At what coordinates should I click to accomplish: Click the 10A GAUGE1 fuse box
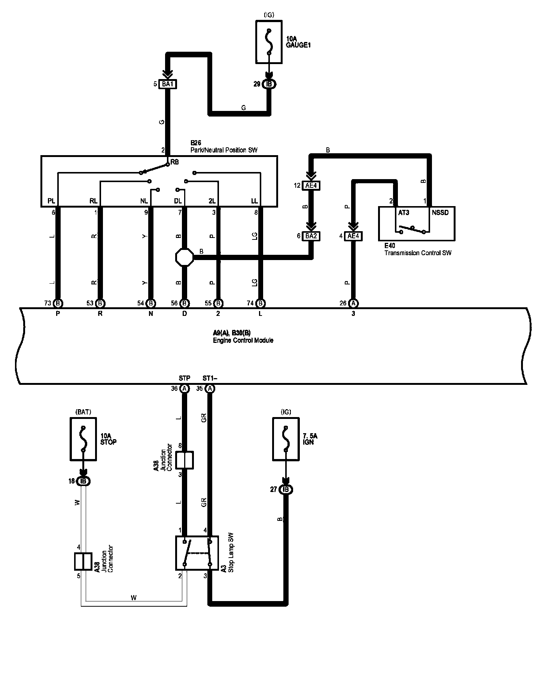pos(269,42)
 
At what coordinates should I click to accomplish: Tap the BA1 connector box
pos(167,84)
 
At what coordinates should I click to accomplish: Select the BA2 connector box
pos(311,236)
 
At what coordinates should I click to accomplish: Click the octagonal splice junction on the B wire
pos(185,257)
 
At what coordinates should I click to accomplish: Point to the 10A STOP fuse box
pos(83,439)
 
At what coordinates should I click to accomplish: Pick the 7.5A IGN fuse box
pos(286,439)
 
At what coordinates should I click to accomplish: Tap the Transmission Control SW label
pos(418,253)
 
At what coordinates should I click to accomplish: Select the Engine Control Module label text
pos(243,341)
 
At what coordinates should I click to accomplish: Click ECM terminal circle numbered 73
pos(58,303)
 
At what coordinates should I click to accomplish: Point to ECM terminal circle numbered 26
pos(353,303)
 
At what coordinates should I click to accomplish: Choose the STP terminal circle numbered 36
pos(185,389)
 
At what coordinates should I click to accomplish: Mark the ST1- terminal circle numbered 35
pos(210,389)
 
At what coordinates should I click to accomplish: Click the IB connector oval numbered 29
pos(269,84)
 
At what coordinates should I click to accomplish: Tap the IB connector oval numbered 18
pos(83,481)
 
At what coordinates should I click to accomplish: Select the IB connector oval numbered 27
pos(286,489)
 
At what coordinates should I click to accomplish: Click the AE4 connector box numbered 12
pos(311,185)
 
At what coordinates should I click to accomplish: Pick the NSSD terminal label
pos(440,212)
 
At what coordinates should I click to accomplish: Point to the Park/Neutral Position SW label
pos(224,150)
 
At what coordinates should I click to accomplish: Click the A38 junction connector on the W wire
pos(83,561)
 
